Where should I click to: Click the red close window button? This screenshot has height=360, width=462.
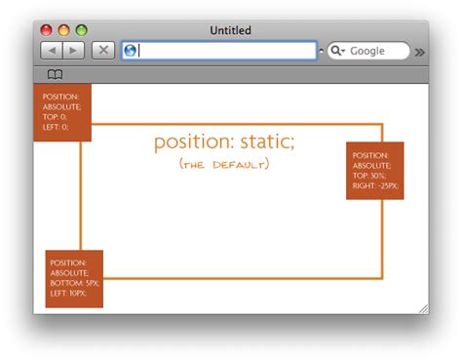(x=47, y=31)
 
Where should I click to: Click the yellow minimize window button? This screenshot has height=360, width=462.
(x=64, y=31)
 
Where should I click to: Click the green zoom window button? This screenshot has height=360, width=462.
(x=81, y=31)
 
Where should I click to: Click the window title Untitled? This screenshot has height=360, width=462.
(x=230, y=31)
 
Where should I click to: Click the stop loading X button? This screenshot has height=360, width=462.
(x=103, y=50)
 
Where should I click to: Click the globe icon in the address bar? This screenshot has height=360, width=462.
(x=130, y=51)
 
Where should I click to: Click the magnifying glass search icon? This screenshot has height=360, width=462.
(x=337, y=51)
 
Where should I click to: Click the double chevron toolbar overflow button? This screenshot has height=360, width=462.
(x=419, y=52)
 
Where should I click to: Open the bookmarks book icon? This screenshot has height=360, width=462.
(x=56, y=74)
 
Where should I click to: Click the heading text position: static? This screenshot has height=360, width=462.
(x=223, y=141)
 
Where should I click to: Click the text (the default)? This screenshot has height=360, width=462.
(x=224, y=164)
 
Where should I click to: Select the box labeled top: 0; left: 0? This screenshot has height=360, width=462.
(x=62, y=113)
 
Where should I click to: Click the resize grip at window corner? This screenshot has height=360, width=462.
(x=423, y=308)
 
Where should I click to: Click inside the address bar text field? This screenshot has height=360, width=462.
(x=224, y=51)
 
